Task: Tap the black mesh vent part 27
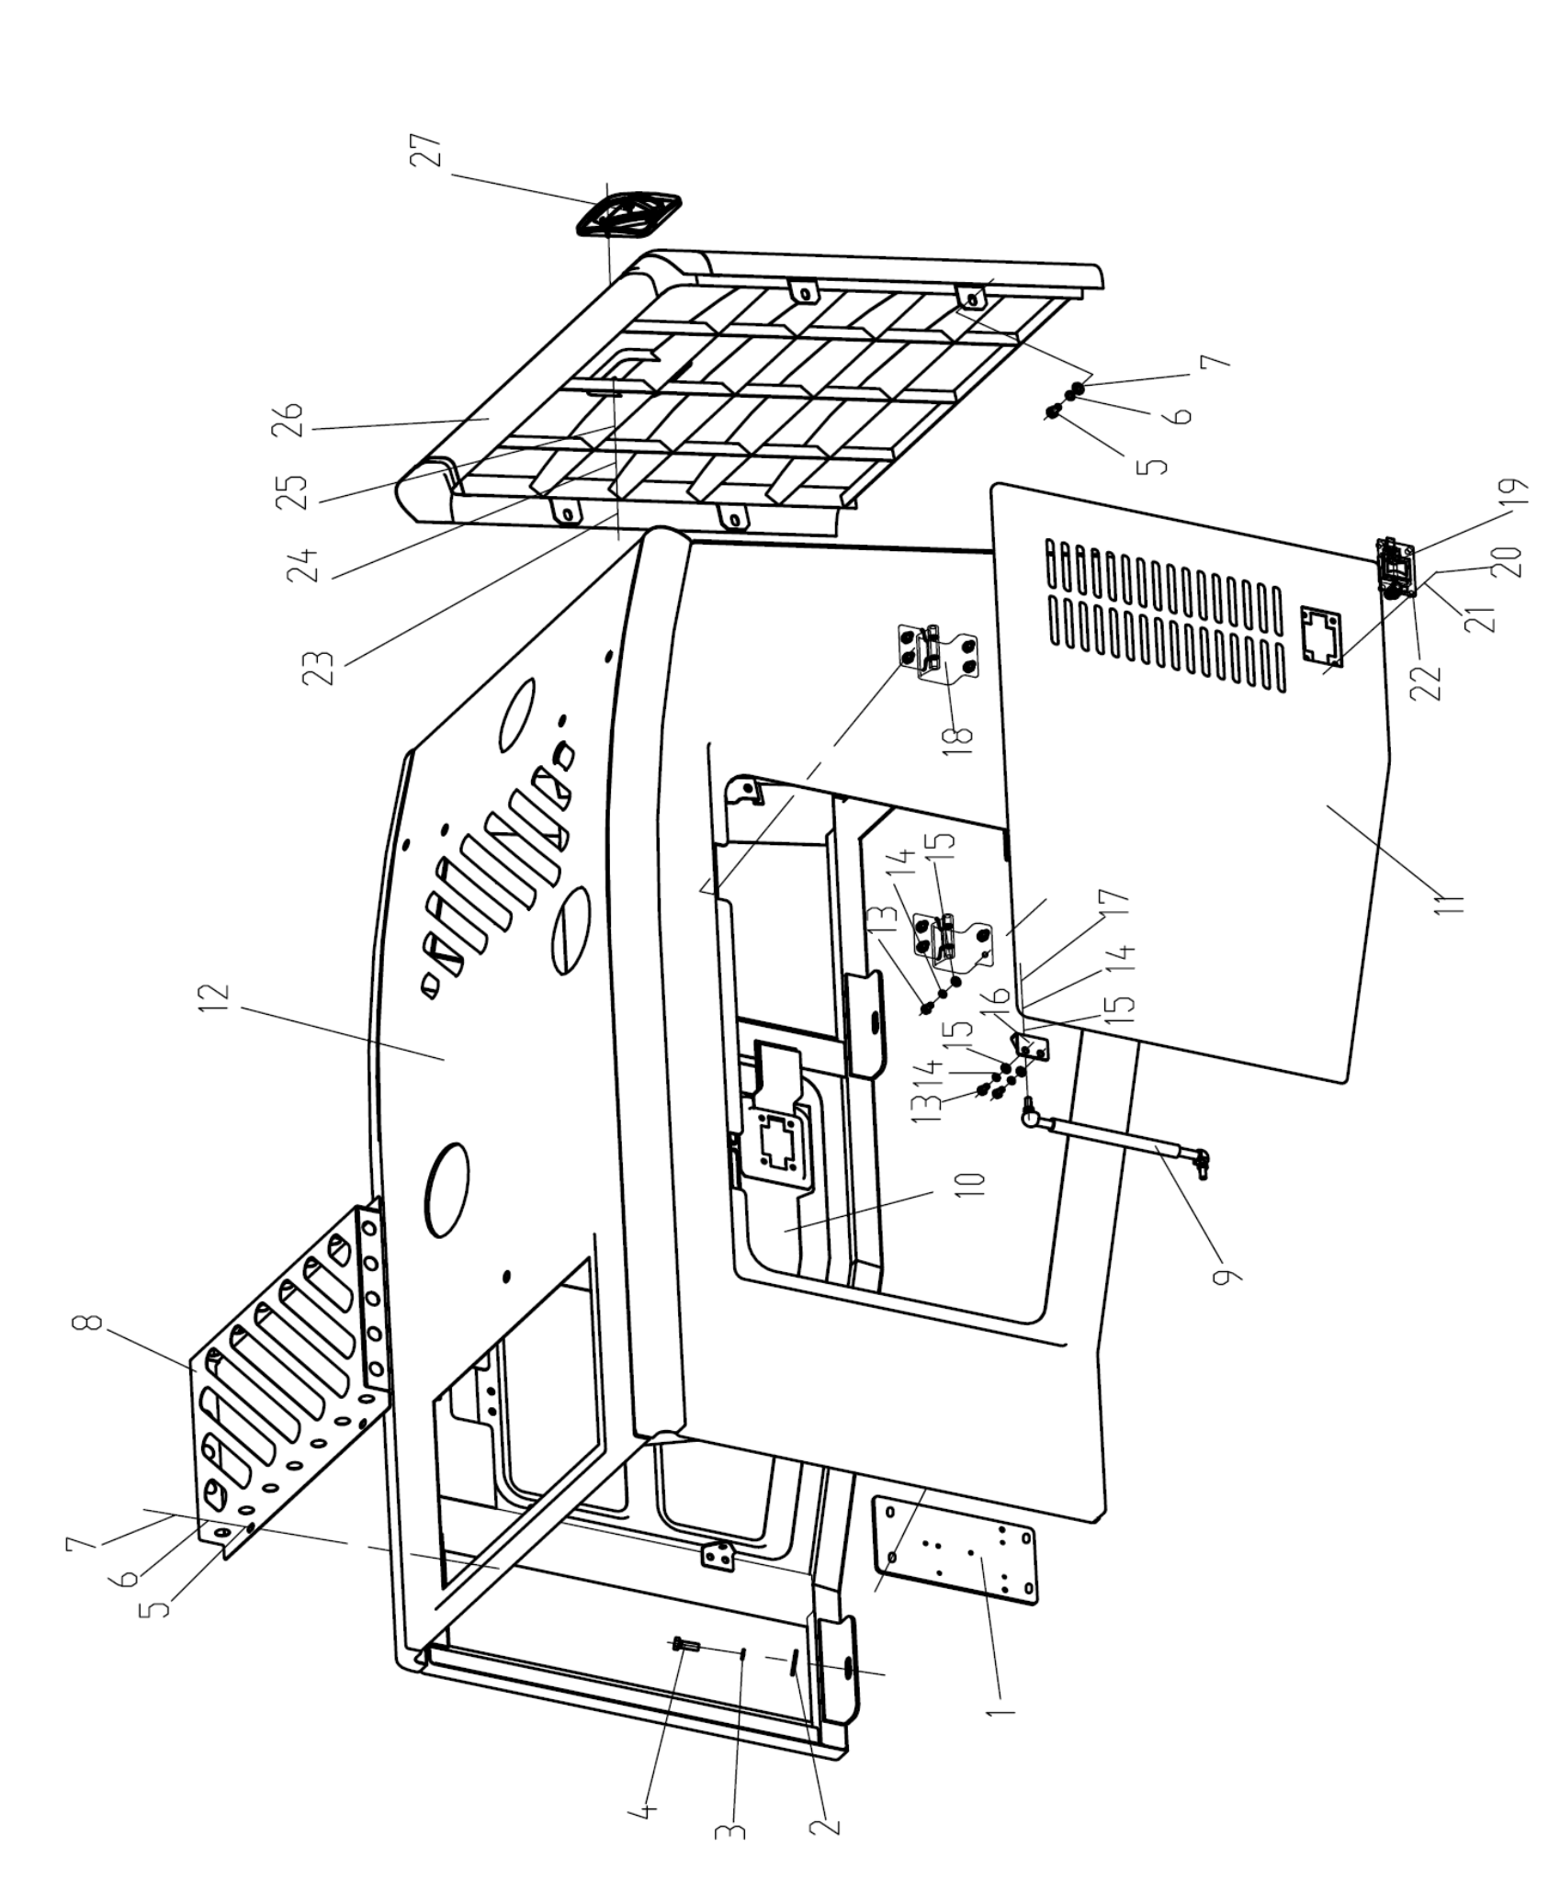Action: point(628,215)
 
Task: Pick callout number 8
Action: point(85,1325)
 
